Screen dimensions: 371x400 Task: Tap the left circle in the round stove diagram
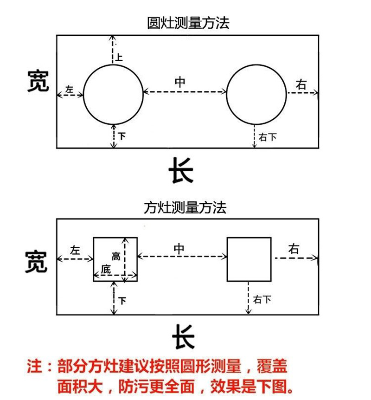point(113,94)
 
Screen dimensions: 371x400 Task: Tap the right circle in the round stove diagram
point(256,94)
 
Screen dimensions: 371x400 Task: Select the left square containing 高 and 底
point(115,259)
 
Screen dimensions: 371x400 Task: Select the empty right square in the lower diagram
point(249,259)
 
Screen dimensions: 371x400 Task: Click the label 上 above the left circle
point(119,58)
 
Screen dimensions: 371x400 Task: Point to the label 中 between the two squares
point(179,248)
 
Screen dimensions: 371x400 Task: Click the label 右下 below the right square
point(262,300)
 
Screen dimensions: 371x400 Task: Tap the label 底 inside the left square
point(106,270)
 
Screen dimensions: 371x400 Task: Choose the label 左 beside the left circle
point(70,89)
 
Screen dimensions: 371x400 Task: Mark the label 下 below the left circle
point(122,136)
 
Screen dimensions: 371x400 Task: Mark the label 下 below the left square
point(122,301)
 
